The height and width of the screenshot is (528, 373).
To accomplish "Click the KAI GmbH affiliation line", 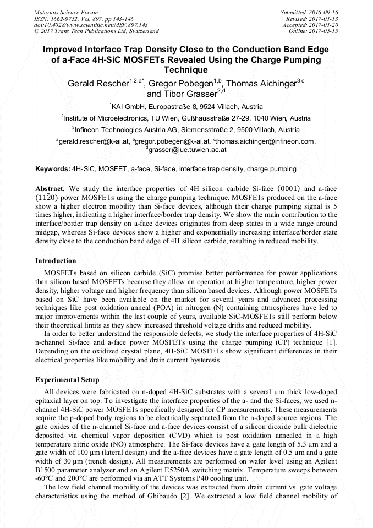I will [x=186, y=106].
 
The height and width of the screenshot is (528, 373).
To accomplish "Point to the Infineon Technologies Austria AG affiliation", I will [x=186, y=130].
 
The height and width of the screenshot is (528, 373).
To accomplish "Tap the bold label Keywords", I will [x=53, y=169].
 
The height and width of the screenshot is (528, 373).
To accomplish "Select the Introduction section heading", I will [x=56, y=260].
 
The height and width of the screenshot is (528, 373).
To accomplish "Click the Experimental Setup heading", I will [x=67, y=379].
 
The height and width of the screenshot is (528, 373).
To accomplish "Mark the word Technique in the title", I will [x=186, y=70].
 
